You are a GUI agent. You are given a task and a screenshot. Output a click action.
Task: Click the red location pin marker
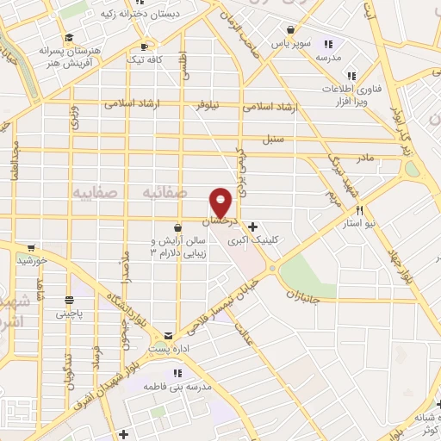221,202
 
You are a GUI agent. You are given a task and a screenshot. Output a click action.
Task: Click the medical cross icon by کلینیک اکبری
252,227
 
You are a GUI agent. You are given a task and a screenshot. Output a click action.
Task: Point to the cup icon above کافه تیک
143,47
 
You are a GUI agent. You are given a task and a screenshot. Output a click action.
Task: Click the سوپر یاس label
290,42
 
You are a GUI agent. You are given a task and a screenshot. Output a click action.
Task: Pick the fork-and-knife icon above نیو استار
360,210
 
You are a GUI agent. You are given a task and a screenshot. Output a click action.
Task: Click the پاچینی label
72,314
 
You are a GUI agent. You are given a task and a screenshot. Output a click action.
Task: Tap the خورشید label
32,259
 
